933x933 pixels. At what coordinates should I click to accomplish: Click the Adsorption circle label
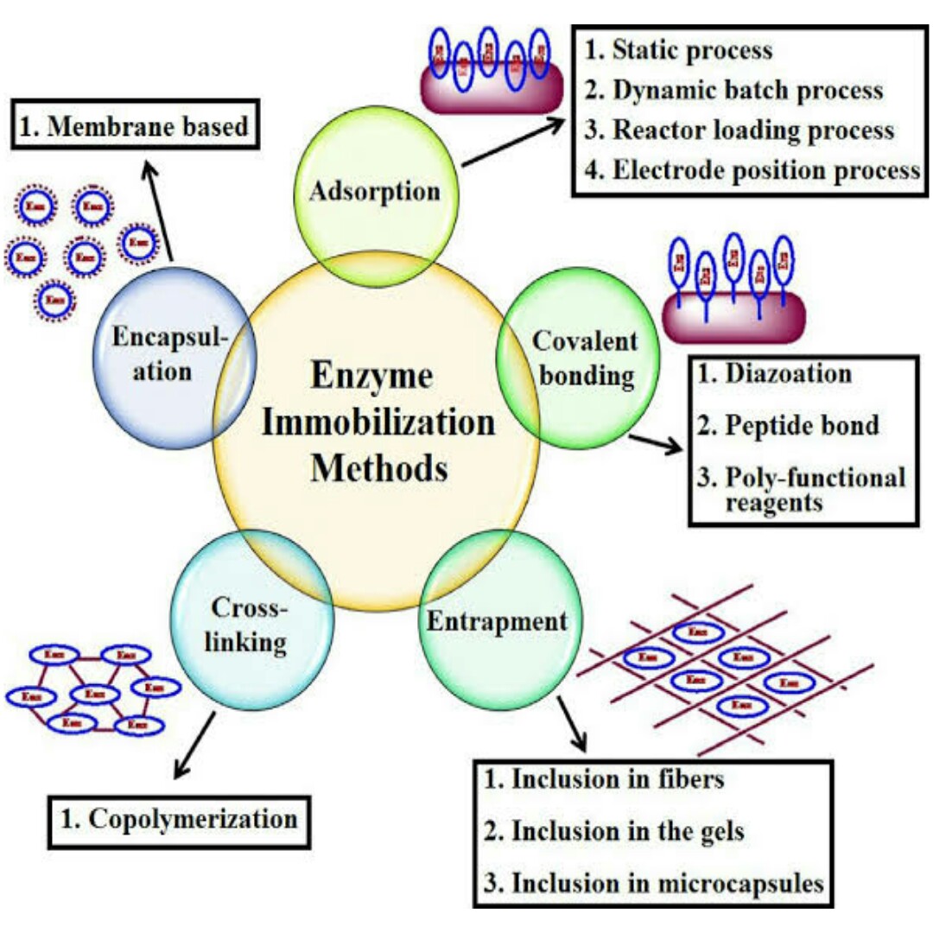click(x=376, y=191)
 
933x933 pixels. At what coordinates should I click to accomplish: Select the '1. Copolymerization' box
click(x=178, y=818)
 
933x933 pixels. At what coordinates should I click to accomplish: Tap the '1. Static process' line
click(x=679, y=51)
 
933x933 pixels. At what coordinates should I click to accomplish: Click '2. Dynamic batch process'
click(x=734, y=91)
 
